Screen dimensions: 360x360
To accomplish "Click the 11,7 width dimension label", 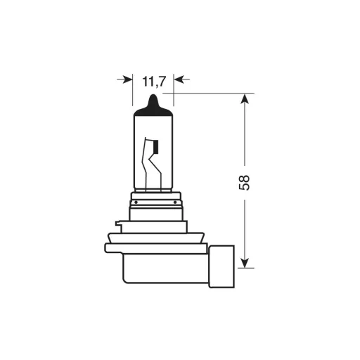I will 153,82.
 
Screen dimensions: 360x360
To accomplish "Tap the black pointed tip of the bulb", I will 153,103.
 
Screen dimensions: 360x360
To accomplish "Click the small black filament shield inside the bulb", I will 156,148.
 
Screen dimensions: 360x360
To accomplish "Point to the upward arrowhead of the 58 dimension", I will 245,98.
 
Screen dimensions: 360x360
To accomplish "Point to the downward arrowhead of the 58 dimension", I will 245,262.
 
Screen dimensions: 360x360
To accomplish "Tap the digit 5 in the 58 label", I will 245,186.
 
